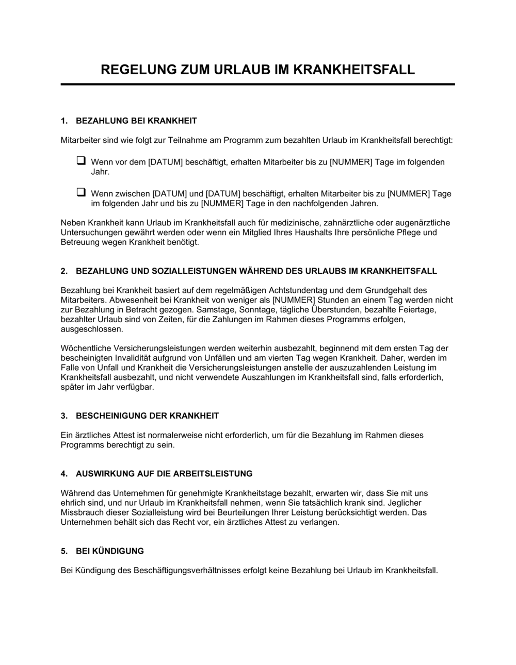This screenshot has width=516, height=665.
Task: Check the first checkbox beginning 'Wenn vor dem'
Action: (81, 161)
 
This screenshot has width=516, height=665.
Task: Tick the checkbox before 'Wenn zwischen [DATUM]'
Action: (81, 192)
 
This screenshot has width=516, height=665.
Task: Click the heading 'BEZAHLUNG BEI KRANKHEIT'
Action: (136, 121)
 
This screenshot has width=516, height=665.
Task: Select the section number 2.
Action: (64, 271)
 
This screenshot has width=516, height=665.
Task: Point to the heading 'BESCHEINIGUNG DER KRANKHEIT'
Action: (147, 415)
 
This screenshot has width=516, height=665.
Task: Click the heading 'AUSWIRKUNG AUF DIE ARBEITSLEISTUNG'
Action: (164, 473)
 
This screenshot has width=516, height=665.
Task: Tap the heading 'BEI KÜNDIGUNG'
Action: (109, 551)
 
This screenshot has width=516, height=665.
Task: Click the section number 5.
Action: (64, 551)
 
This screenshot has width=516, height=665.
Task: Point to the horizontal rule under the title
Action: (257, 84)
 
